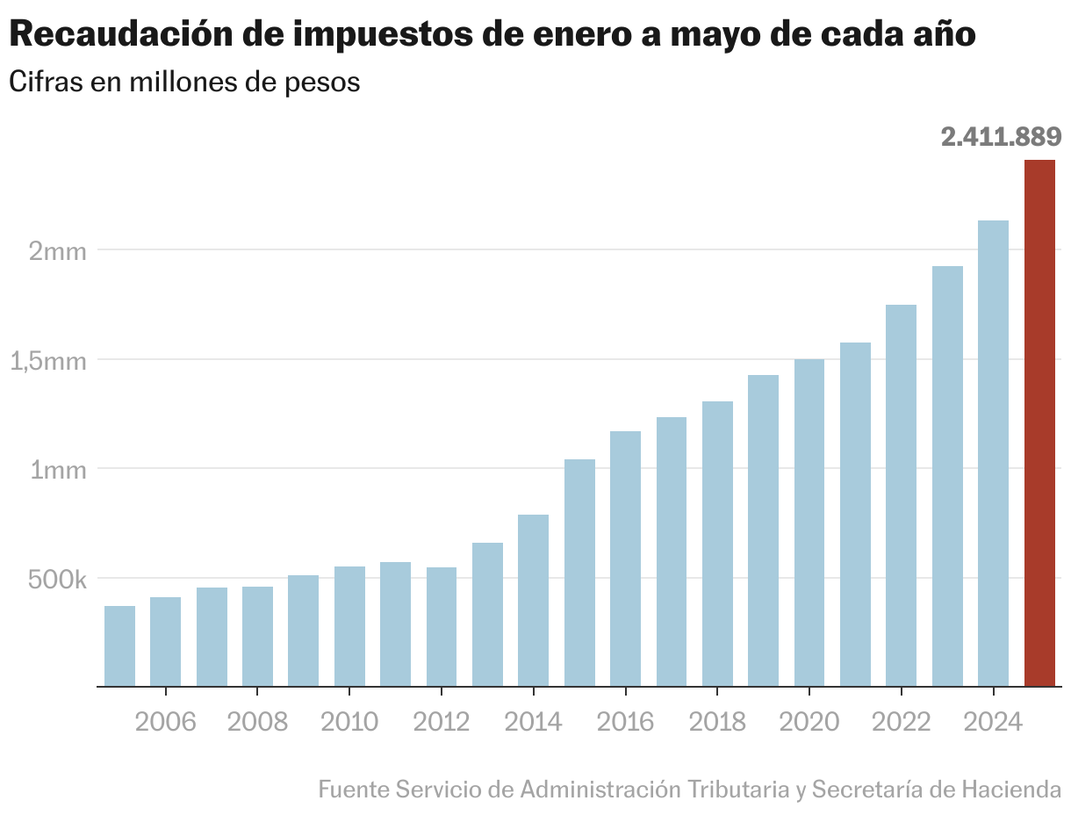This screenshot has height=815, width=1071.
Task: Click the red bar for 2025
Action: coord(1039,422)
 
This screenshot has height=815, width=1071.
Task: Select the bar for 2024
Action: coord(993,453)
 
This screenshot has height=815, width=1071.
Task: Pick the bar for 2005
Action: coord(119,646)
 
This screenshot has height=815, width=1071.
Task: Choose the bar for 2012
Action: coord(442,626)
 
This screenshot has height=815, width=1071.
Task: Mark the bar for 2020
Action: coord(809,523)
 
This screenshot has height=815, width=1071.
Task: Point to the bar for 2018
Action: coord(717,544)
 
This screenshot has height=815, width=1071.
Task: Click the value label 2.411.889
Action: coord(1001,137)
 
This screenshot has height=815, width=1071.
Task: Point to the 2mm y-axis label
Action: coord(58,251)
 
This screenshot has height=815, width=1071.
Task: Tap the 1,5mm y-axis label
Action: coord(49,361)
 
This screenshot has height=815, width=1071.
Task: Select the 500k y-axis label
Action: coord(56,580)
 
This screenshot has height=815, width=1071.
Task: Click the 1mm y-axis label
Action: coord(58,470)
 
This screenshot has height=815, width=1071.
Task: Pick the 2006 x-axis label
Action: coord(165,722)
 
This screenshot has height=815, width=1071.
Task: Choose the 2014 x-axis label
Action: coord(533,722)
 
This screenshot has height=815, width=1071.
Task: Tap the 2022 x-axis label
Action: coord(901,722)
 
